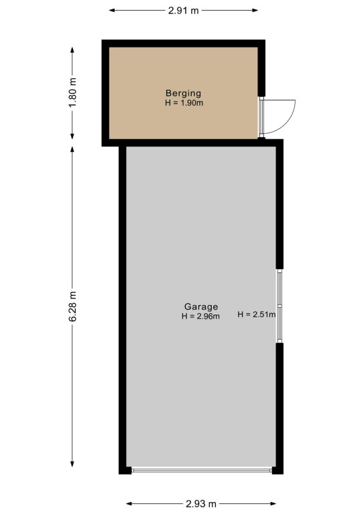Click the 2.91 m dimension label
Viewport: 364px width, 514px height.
(x=184, y=11)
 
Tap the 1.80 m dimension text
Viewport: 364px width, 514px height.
(x=72, y=92)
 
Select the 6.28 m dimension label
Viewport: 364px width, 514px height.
(x=72, y=306)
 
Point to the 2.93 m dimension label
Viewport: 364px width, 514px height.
(x=201, y=503)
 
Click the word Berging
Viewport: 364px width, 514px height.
(x=184, y=94)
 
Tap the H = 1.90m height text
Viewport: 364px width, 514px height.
(x=184, y=103)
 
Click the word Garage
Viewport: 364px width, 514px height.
(x=201, y=307)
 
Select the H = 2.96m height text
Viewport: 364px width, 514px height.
(x=200, y=317)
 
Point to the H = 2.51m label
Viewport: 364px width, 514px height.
(x=257, y=315)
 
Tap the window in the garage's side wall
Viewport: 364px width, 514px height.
(x=280, y=306)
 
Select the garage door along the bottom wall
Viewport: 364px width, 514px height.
(x=202, y=470)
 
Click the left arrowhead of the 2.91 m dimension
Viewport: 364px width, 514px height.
(x=112, y=11)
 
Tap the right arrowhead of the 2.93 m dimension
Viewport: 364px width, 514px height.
(x=273, y=503)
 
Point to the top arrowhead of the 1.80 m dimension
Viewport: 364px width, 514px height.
(x=72, y=50)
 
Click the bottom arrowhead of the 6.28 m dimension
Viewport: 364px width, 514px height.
(x=72, y=464)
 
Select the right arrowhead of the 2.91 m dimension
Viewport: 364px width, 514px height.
(x=255, y=11)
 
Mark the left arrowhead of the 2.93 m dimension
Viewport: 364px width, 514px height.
(x=129, y=503)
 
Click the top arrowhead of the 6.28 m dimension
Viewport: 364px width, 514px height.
(x=72, y=149)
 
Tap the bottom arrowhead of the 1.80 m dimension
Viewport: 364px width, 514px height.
(x=72, y=136)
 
